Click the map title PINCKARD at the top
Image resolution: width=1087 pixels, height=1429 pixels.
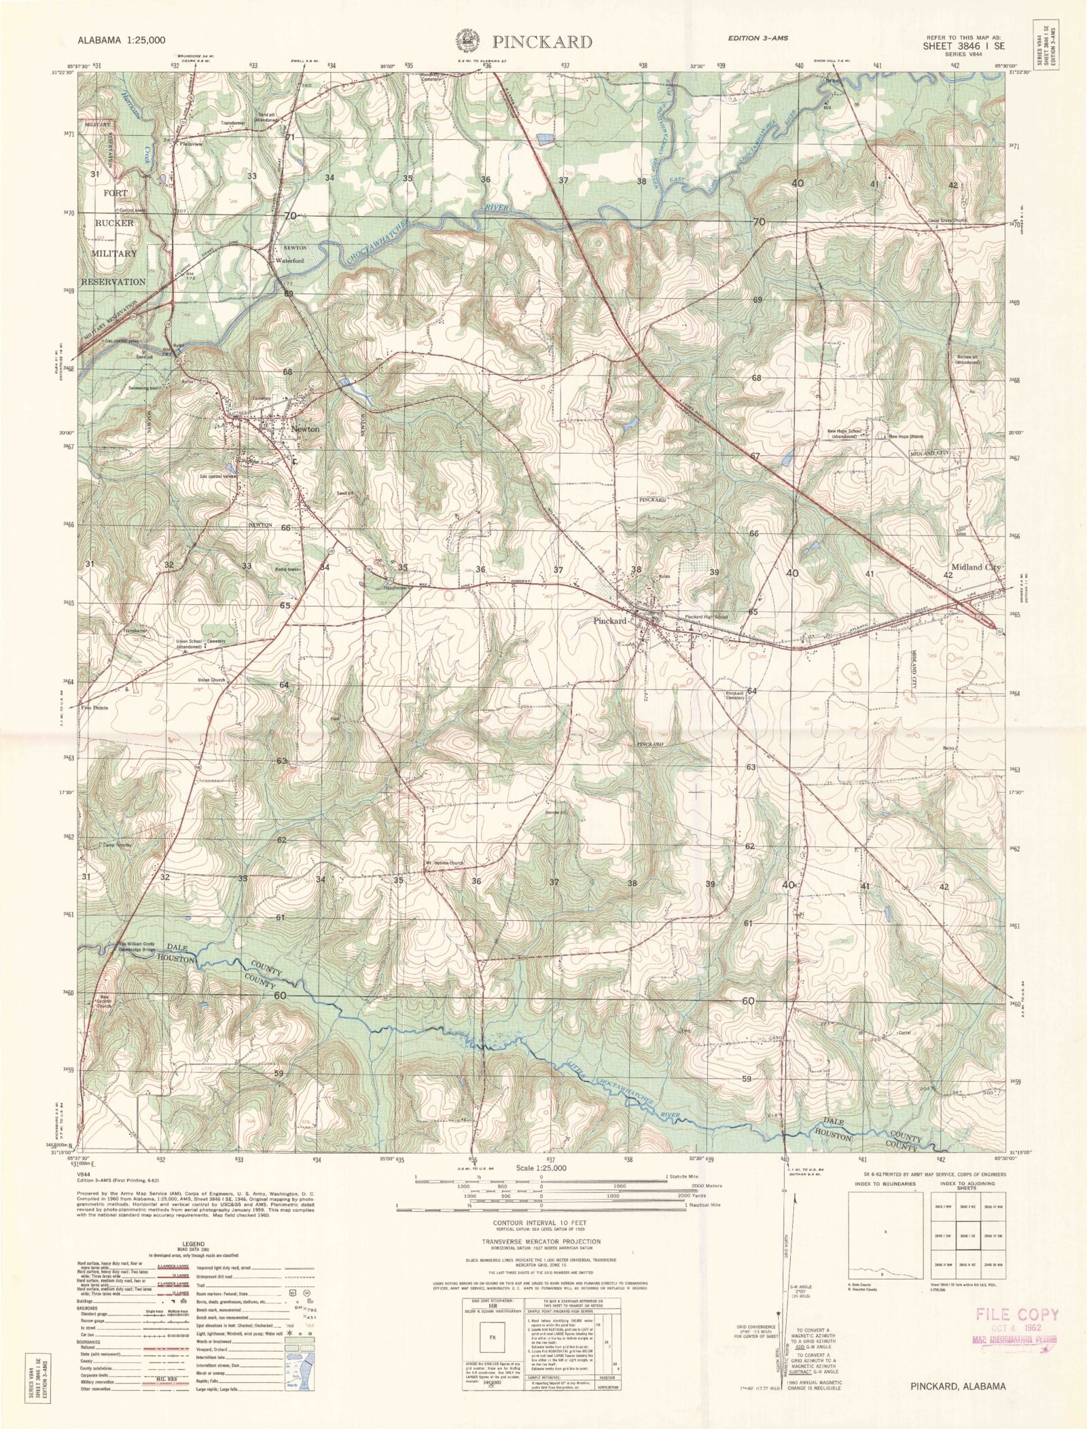tap(542, 42)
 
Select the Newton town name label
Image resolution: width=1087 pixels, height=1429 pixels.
tap(304, 429)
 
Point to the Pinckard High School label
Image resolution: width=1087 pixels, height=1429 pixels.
tap(706, 617)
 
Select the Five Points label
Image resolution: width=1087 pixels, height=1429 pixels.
tap(94, 708)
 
